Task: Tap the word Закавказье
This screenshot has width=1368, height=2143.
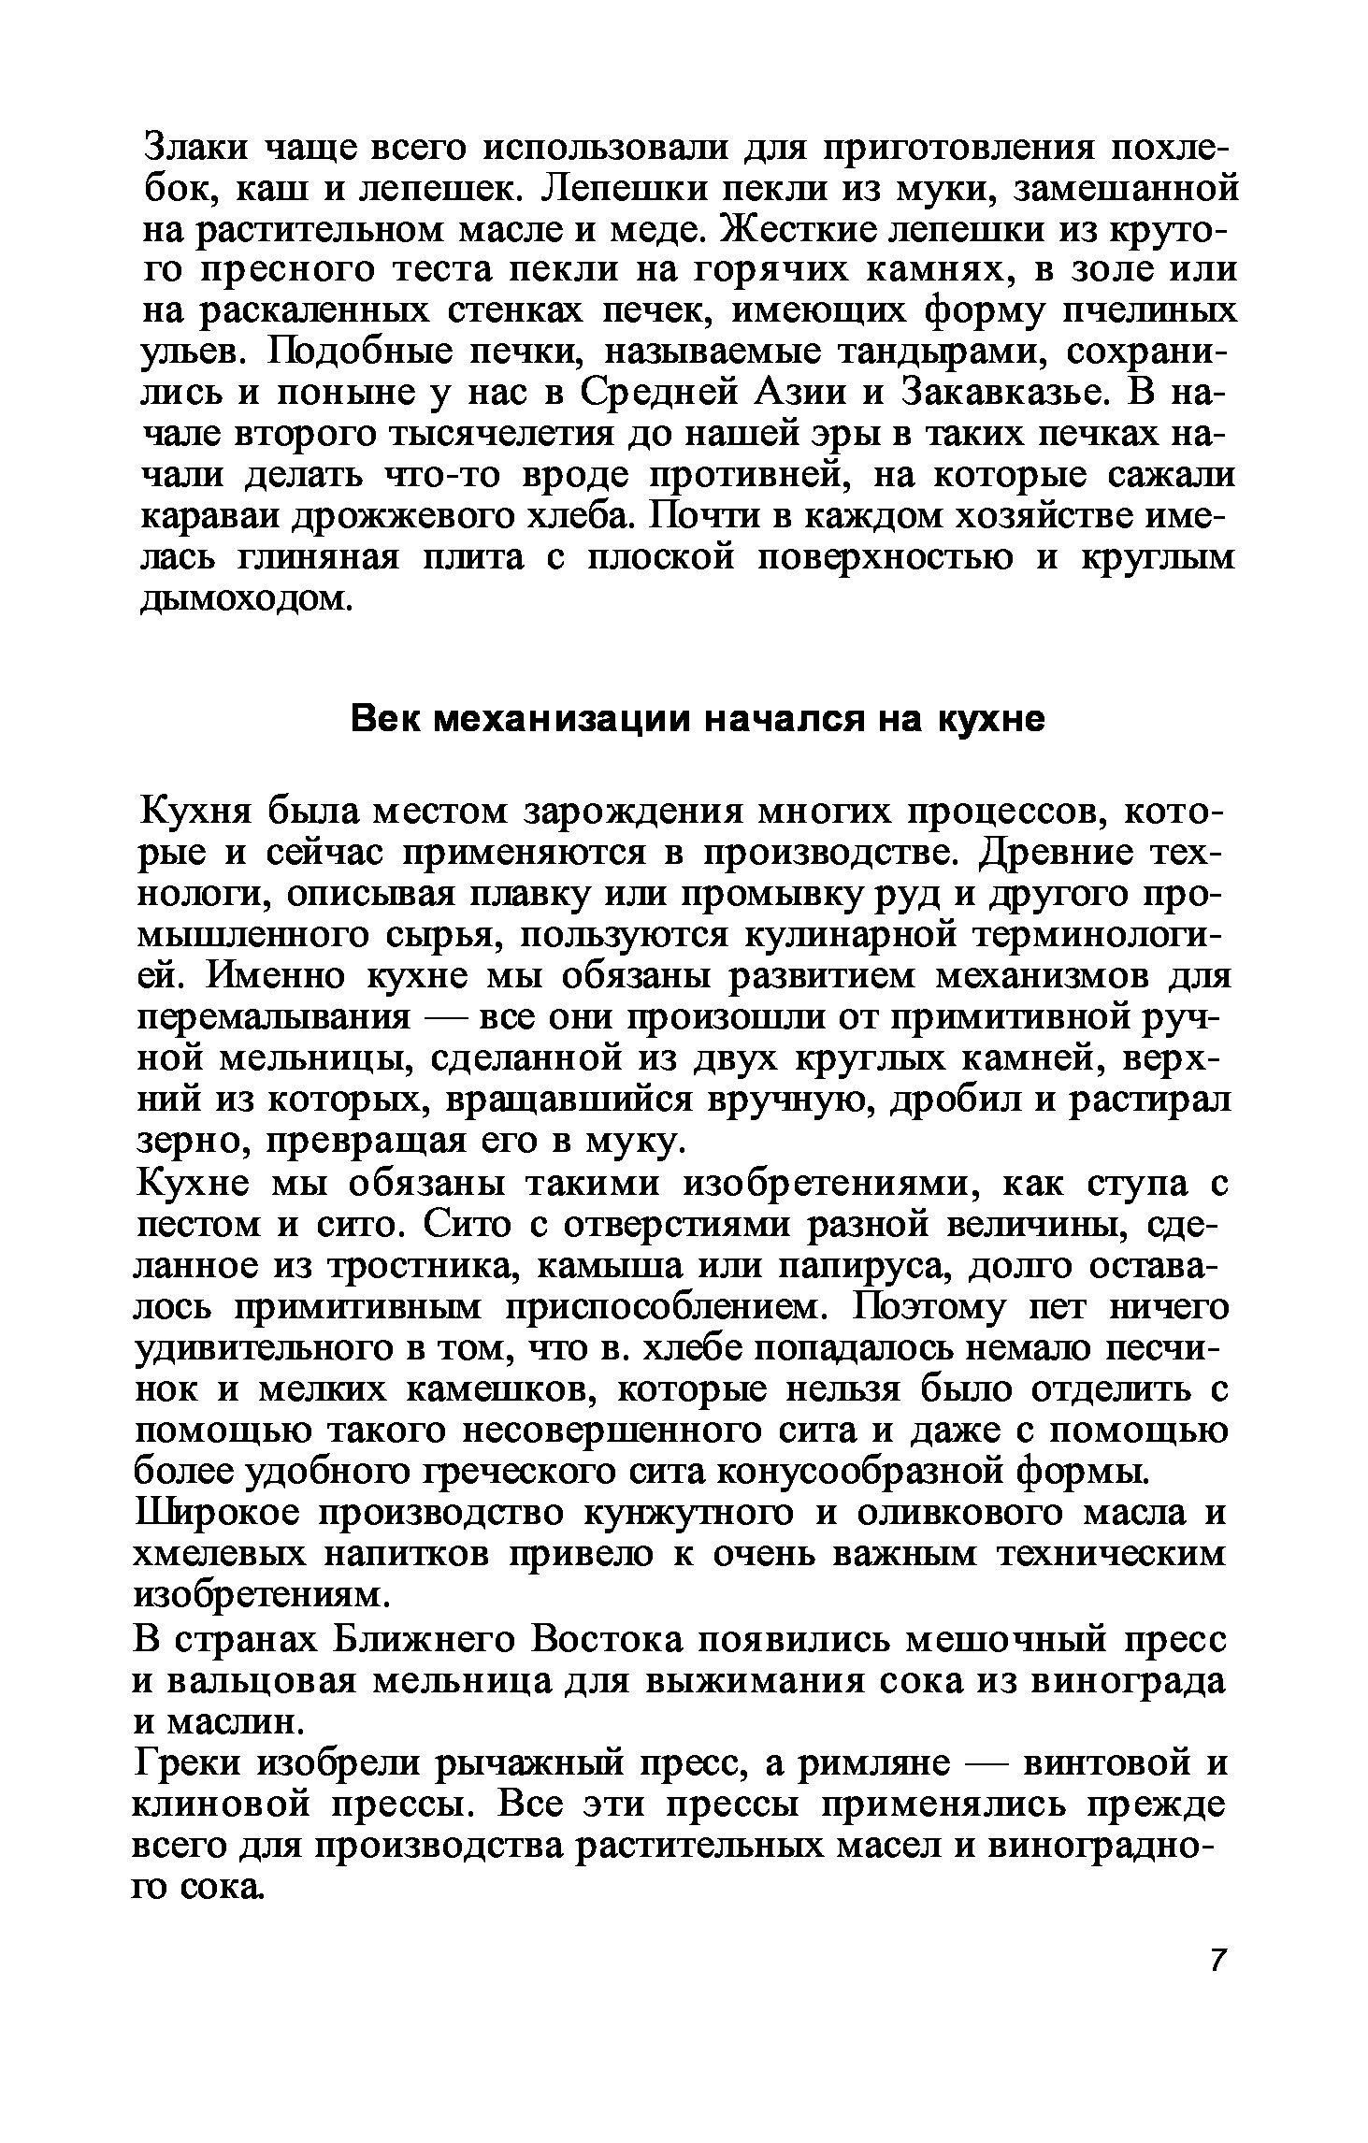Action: click(x=1002, y=394)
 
